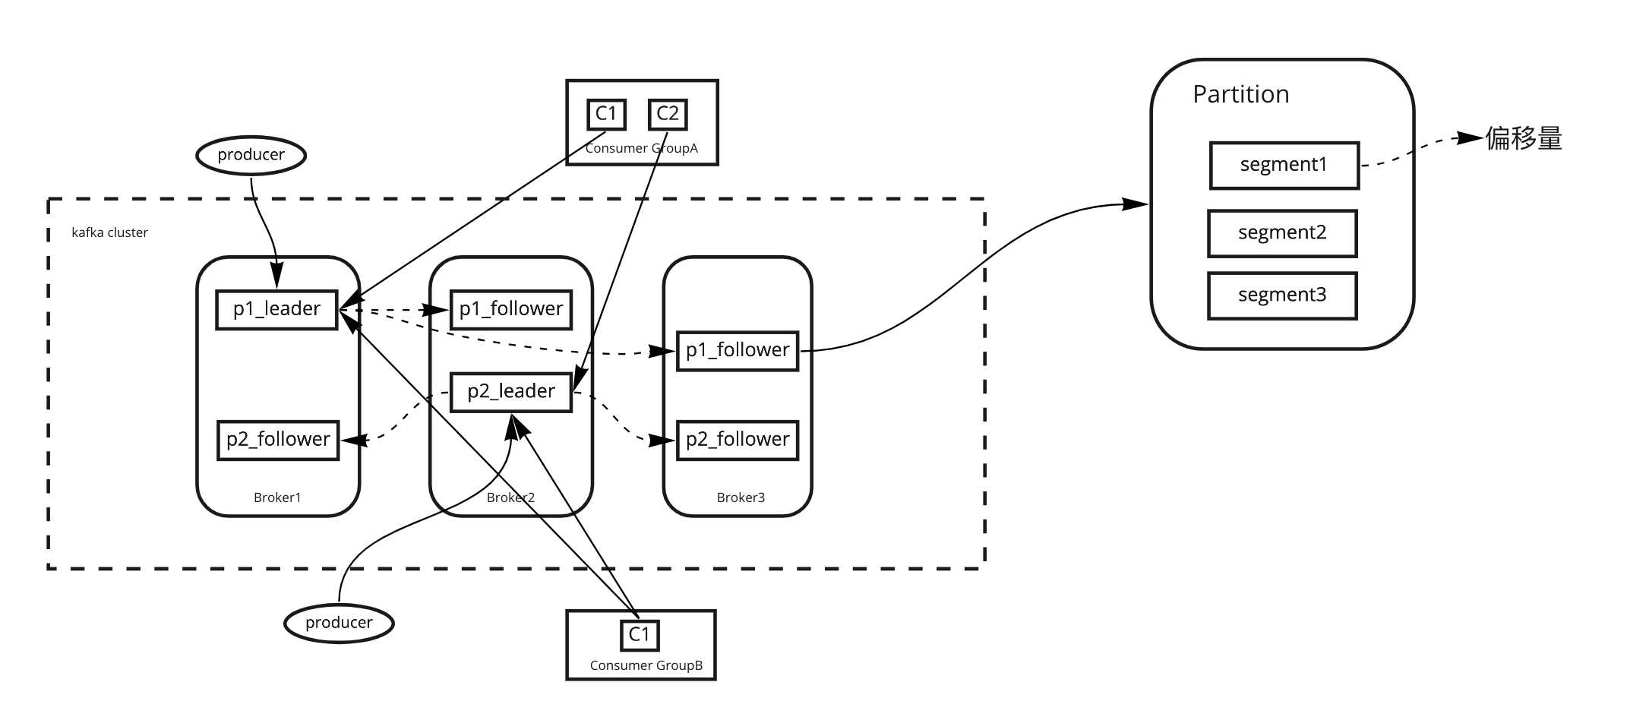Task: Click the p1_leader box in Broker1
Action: pyautogui.click(x=276, y=309)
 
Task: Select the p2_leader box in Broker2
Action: pyautogui.click(x=511, y=392)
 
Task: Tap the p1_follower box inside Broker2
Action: pyautogui.click(x=511, y=309)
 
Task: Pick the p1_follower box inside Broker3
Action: pyautogui.click(x=738, y=350)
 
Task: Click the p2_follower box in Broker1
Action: pyautogui.click(x=278, y=440)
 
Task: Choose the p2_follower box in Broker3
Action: pyautogui.click(x=738, y=440)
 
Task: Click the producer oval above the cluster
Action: pyautogui.click(x=251, y=155)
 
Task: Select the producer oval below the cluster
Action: pyautogui.click(x=339, y=623)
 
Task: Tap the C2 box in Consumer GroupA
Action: pyautogui.click(x=668, y=114)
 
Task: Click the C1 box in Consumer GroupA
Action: pyautogui.click(x=606, y=114)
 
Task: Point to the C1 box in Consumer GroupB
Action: pyautogui.click(x=640, y=634)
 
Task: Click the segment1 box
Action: pyautogui.click(x=1284, y=165)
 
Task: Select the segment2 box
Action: pyautogui.click(x=1282, y=233)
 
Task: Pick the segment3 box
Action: pyautogui.click(x=1282, y=295)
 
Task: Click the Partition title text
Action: pyautogui.click(x=1241, y=94)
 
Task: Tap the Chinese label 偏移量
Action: pyautogui.click(x=1524, y=138)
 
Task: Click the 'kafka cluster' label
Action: pyautogui.click(x=110, y=232)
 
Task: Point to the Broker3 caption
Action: pyautogui.click(x=741, y=497)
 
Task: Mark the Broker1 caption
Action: pyautogui.click(x=277, y=497)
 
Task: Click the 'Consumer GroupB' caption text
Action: pyautogui.click(x=646, y=665)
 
